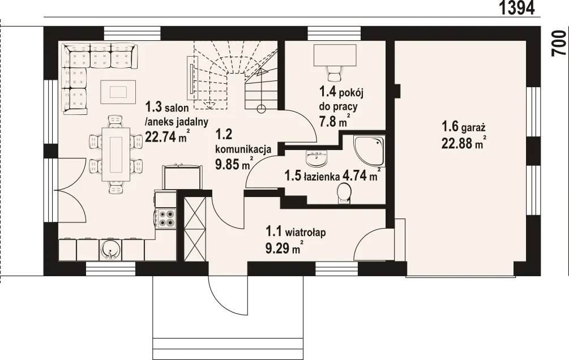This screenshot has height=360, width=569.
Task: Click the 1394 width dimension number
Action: point(517,7)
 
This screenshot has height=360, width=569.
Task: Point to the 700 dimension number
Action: point(559,43)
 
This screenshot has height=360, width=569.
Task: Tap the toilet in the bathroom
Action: point(343,193)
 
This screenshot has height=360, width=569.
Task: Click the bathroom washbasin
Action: point(317,157)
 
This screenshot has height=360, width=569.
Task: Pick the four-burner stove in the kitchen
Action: point(166,219)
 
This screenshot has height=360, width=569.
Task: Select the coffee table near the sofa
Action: point(118,92)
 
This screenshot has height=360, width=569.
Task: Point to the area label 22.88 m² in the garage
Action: point(464,143)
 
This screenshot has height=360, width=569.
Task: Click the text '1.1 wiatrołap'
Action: point(296,231)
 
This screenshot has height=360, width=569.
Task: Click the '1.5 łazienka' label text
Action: point(312,177)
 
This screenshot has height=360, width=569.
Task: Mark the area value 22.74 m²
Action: point(167,136)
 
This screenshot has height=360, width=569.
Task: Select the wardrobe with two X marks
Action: point(195,229)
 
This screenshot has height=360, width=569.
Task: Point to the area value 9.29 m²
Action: point(284,248)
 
